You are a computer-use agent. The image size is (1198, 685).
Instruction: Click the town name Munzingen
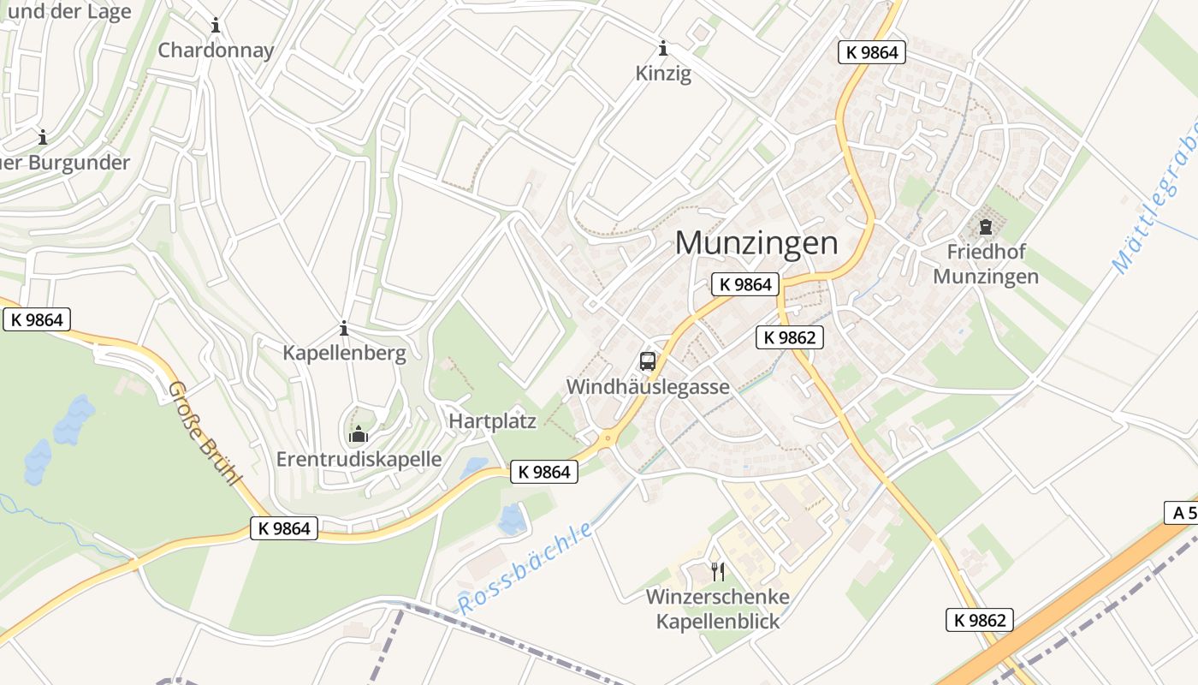(x=756, y=243)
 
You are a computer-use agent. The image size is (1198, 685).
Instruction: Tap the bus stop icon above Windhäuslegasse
(x=648, y=360)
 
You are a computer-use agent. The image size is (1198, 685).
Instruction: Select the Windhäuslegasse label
(x=648, y=387)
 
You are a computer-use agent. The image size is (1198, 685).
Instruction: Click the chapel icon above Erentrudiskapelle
(x=358, y=435)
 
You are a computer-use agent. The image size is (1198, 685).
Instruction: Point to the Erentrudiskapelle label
(x=359, y=459)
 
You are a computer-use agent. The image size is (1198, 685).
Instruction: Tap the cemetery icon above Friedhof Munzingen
(x=985, y=227)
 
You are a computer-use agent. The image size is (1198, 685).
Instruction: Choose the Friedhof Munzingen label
(x=986, y=264)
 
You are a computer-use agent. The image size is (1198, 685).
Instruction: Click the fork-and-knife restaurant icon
(x=718, y=571)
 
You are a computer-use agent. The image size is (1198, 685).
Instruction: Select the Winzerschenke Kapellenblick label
(x=718, y=609)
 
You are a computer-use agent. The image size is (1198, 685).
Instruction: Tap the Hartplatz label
(x=493, y=420)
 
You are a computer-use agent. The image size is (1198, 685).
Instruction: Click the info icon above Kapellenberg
(x=344, y=328)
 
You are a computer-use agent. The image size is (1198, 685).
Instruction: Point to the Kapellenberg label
(x=344, y=353)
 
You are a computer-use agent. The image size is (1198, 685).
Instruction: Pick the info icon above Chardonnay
(x=216, y=26)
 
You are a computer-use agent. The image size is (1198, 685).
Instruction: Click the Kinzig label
(x=663, y=74)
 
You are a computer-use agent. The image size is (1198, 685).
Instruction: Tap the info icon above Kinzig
(x=663, y=48)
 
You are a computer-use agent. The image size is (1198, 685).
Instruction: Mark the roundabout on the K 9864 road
(x=608, y=438)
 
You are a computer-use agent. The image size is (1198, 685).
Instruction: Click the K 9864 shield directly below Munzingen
(x=744, y=284)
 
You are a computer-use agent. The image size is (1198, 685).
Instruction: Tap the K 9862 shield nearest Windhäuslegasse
(x=790, y=337)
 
